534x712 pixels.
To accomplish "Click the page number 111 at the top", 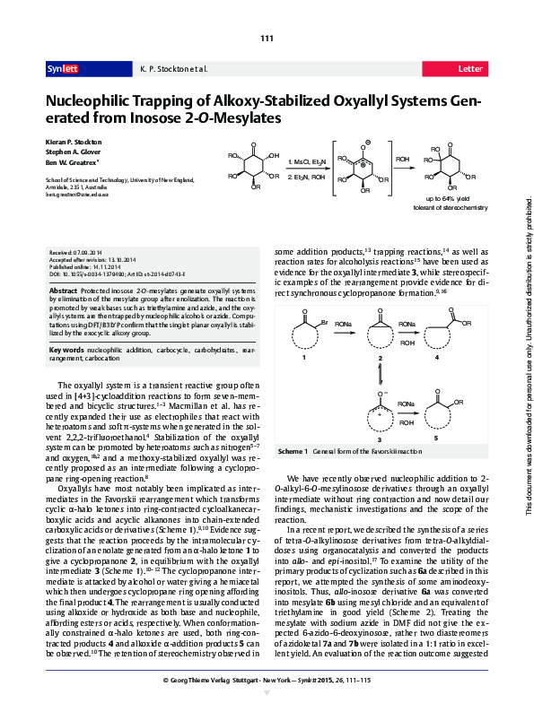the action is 267,39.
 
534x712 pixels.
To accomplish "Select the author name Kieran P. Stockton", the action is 74,143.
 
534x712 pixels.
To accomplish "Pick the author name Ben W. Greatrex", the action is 73,163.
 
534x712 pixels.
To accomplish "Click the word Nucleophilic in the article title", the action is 95,101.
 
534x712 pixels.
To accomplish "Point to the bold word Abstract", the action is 63,291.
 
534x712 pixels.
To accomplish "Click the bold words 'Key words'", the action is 66,349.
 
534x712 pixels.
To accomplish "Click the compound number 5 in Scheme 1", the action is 436,439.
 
